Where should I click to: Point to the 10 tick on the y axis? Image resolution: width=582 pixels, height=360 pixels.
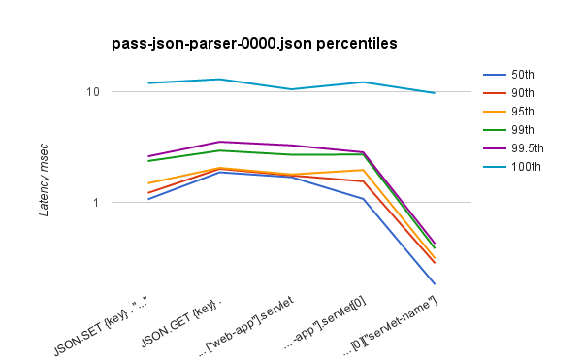[x=93, y=91]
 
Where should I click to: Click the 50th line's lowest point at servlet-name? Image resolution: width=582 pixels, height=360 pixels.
[x=435, y=283]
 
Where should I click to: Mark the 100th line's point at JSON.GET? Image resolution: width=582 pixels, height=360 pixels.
[x=220, y=79]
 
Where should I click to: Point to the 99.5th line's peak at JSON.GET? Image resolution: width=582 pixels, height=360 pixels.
[x=220, y=142]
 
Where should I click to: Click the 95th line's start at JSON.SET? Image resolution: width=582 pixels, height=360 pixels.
[x=148, y=183]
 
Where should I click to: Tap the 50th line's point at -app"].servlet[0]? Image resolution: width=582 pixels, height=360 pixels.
[x=363, y=199]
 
